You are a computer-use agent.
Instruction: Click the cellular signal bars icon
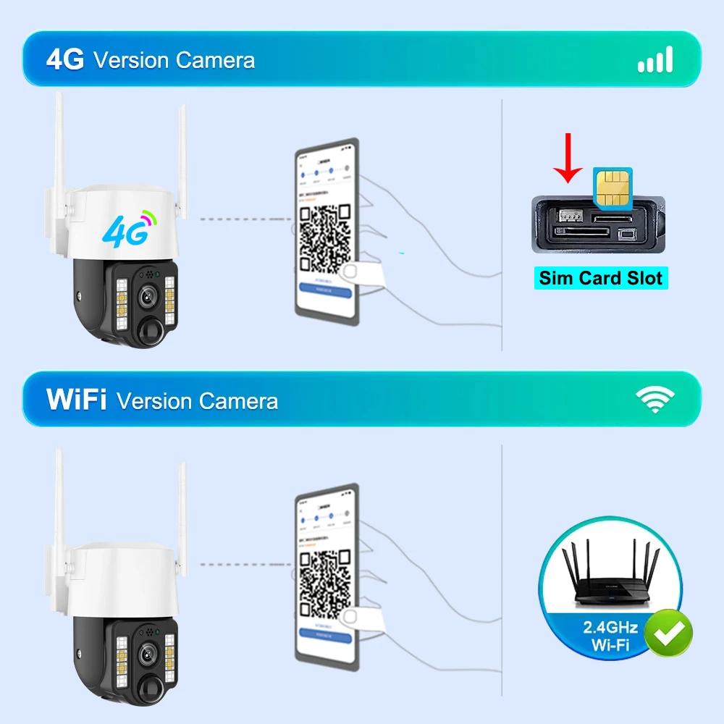(655, 59)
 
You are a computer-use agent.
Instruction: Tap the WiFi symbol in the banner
(654, 399)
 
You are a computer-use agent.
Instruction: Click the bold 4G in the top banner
(65, 60)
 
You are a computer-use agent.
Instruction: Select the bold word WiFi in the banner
(77, 400)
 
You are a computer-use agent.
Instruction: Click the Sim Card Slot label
(601, 278)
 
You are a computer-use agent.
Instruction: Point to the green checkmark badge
(668, 632)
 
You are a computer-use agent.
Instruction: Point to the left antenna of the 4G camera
(60, 145)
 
